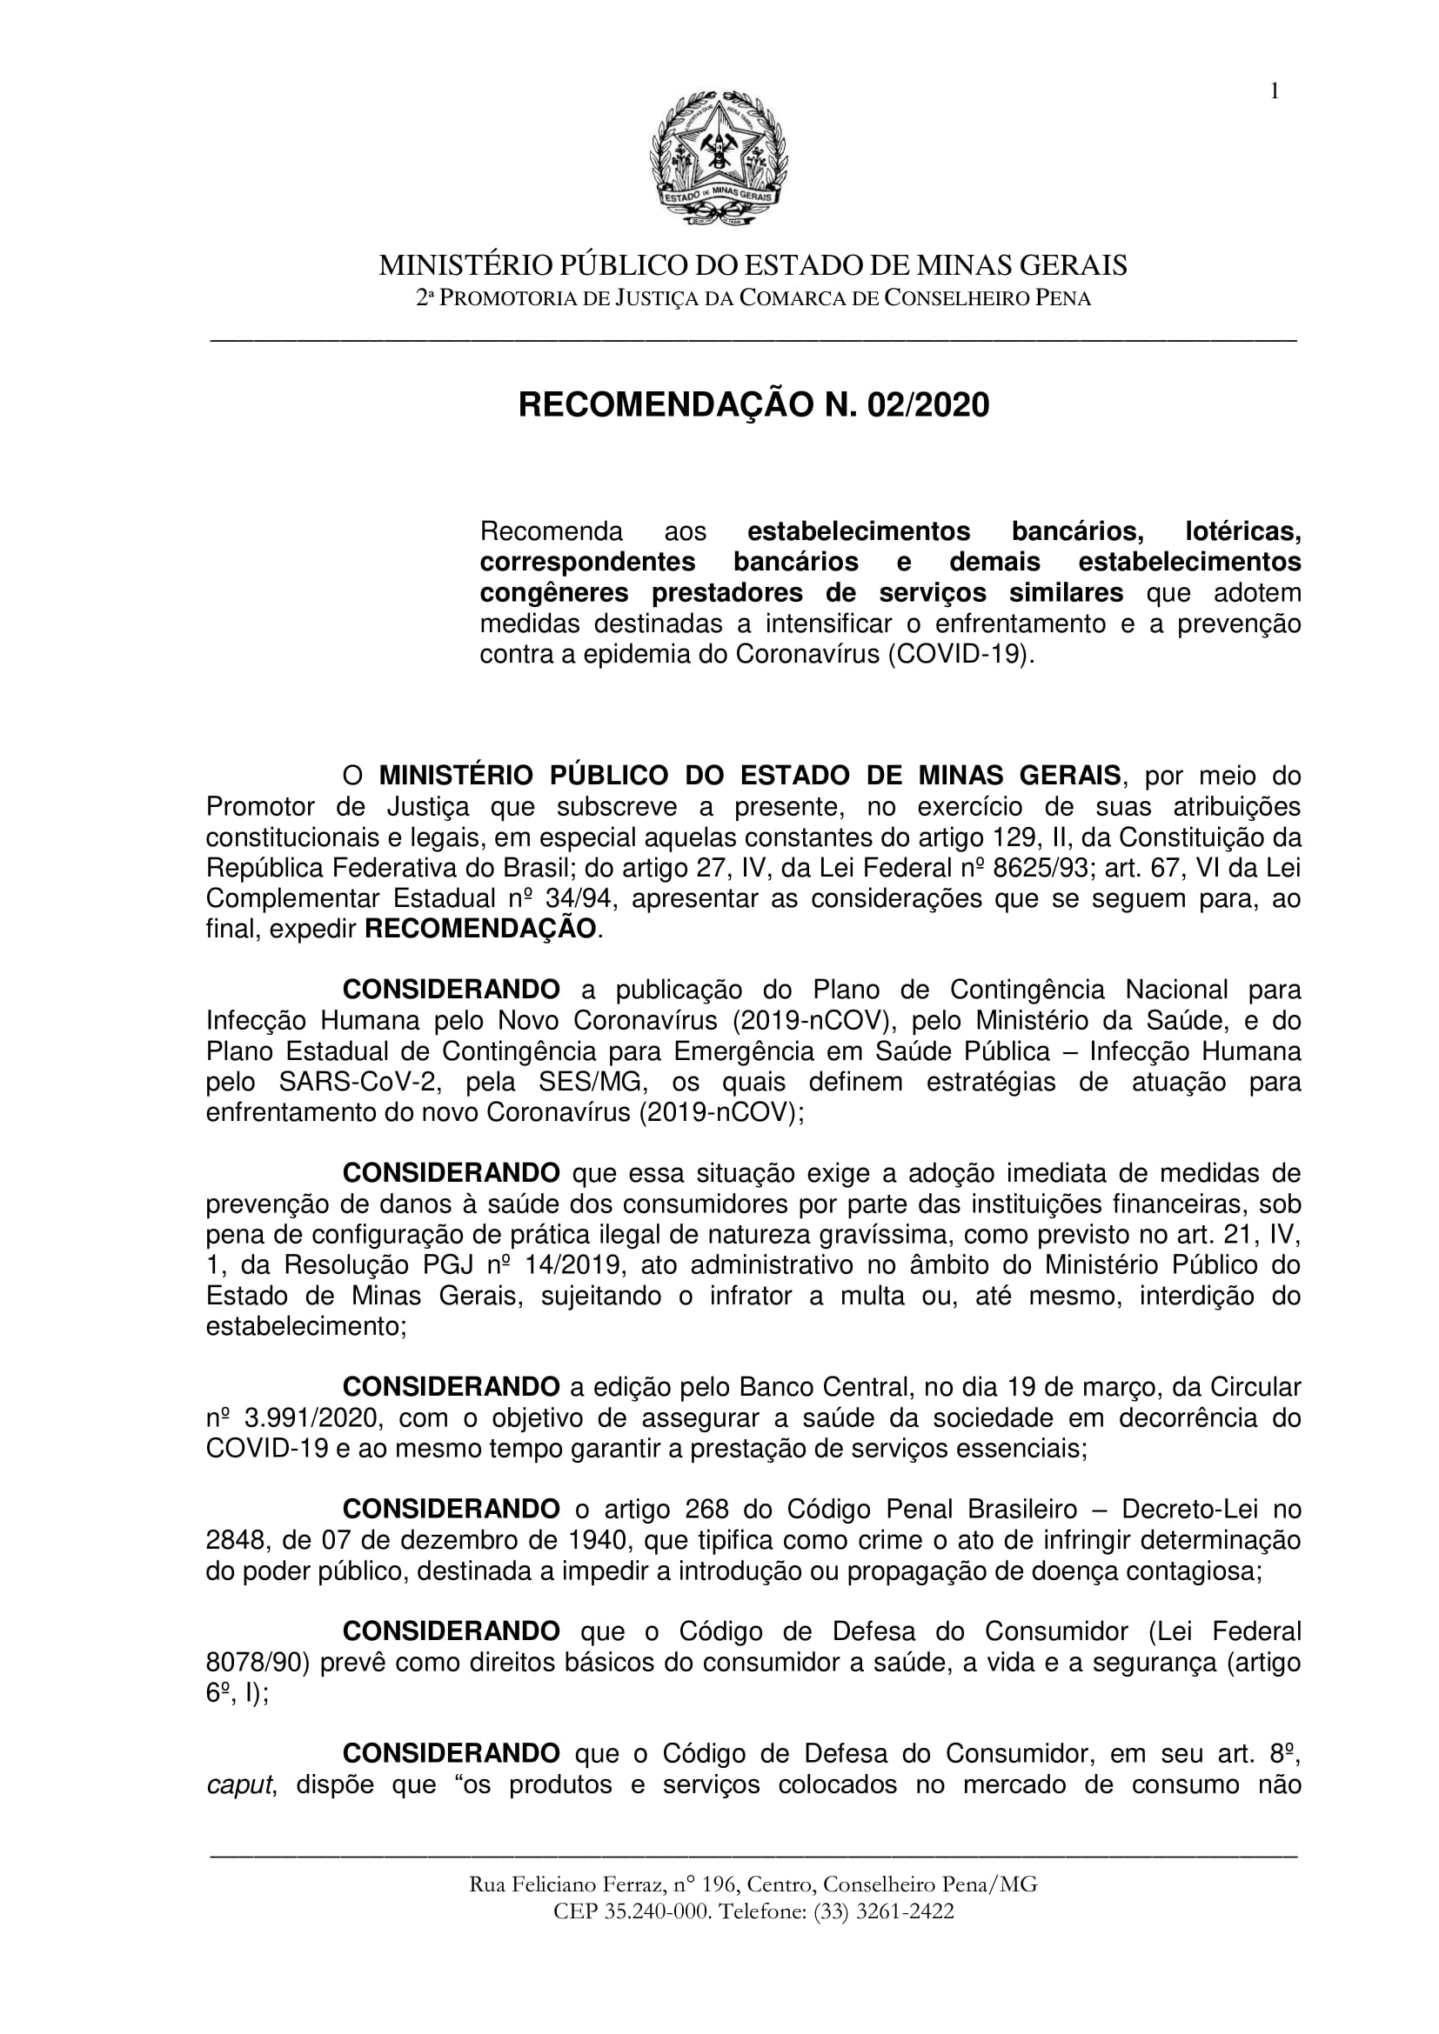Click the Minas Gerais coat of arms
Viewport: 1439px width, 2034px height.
click(719, 160)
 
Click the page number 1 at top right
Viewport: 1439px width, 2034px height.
click(1275, 91)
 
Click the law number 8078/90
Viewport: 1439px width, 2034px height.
click(257, 1662)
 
